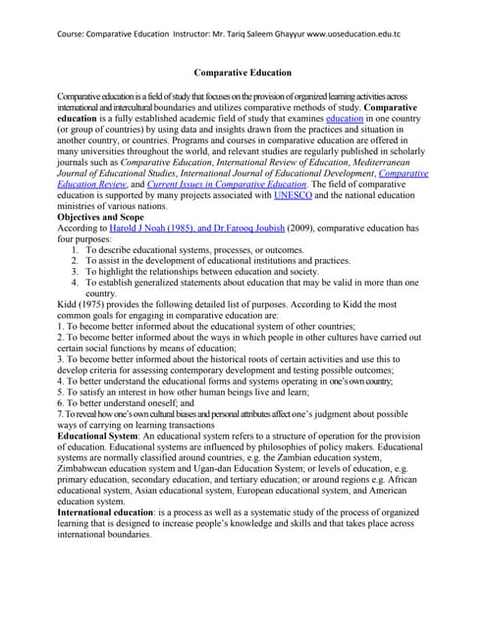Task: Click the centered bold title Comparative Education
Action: click(243, 73)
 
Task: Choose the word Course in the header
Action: click(62, 32)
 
